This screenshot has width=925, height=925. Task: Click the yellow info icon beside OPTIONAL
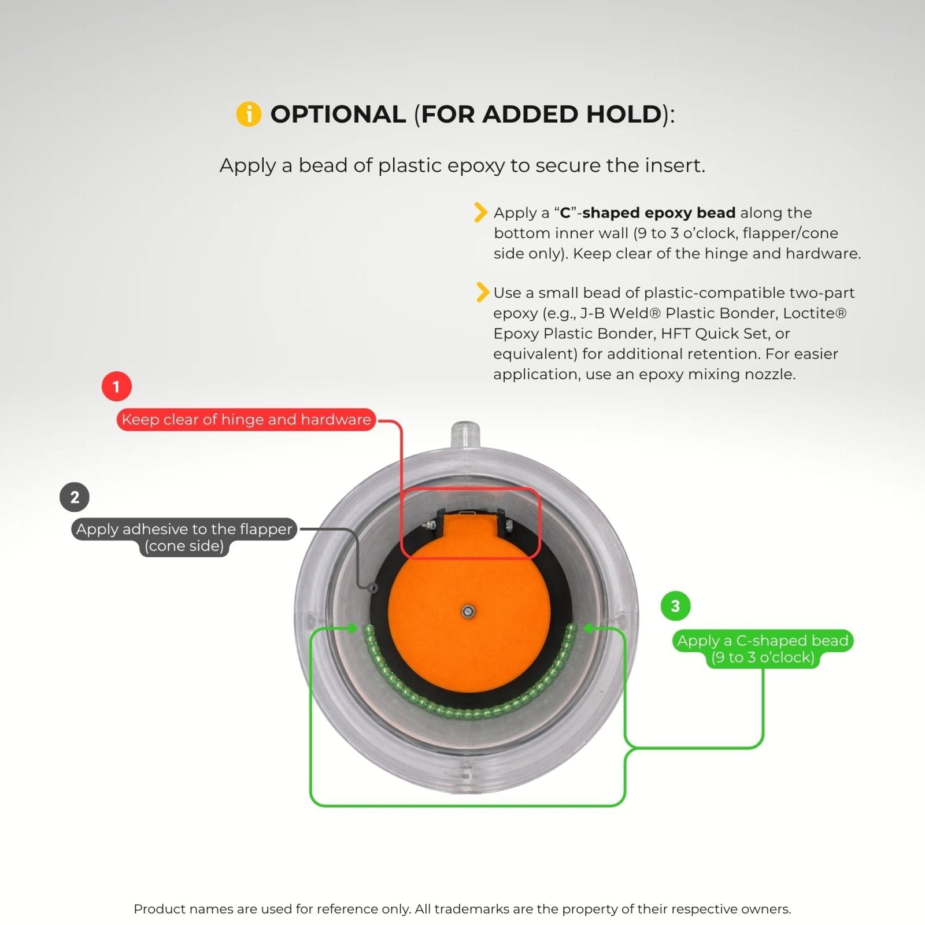coord(249,114)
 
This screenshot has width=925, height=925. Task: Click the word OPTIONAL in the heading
coord(338,114)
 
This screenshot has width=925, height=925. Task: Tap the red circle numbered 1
coord(116,386)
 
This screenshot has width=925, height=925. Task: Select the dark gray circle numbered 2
coord(75,497)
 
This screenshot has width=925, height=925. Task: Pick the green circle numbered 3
coord(675,606)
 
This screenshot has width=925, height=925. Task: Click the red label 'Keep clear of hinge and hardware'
coord(246,419)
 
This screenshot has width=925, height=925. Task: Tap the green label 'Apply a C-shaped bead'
coord(763,641)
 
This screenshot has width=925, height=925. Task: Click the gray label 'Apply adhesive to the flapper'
coord(184,529)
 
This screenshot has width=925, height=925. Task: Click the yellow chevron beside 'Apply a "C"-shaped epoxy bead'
coord(480,212)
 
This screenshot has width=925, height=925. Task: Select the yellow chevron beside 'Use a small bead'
coord(480,292)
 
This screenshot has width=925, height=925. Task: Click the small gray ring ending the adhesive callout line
coord(373,587)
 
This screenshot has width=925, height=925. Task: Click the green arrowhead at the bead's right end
coord(588,628)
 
